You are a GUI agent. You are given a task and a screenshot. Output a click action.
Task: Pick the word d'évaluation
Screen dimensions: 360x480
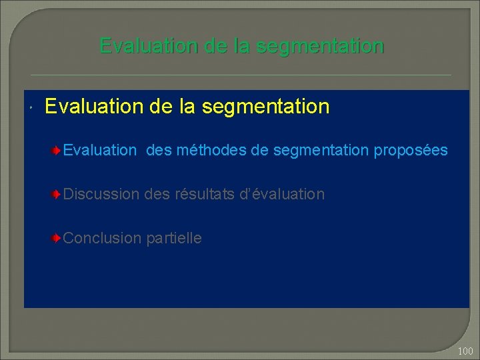point(283,195)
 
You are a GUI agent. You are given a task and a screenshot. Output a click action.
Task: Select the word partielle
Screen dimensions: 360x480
point(173,238)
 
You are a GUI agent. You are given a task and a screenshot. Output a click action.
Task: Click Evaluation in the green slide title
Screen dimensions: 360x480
point(146,46)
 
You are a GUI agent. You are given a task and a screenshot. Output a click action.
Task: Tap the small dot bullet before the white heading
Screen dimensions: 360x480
point(32,108)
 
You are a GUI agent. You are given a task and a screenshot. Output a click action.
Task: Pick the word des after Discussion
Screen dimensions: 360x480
point(157,195)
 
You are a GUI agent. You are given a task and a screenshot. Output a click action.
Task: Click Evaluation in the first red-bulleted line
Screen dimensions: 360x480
point(99,151)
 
